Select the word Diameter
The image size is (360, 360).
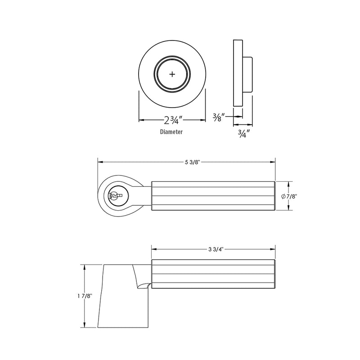(171, 132)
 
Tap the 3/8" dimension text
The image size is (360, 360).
(219, 117)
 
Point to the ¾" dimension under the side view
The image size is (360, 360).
(243, 134)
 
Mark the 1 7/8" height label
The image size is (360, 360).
(85, 296)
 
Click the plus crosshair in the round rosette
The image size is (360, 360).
(172, 74)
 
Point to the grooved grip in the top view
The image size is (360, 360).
(213, 196)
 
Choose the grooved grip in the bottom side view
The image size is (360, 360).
(213, 274)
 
